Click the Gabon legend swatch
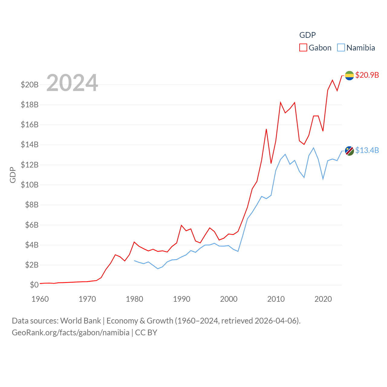[x=303, y=48]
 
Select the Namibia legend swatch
[x=341, y=48]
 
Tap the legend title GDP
[x=307, y=35]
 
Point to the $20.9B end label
[x=367, y=75]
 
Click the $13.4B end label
[x=367, y=150]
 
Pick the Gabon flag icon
[x=350, y=76]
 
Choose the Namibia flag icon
[x=350, y=151]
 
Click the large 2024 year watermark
[x=72, y=83]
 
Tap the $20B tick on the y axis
[x=30, y=85]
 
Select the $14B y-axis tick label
[x=30, y=145]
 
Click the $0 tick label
[x=34, y=285]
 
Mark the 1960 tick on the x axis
[x=40, y=299]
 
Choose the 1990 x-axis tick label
[x=182, y=299]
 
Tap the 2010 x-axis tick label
[x=276, y=299]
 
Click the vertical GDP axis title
[x=13, y=175]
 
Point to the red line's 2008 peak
[x=266, y=129]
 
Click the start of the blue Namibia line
[x=135, y=261]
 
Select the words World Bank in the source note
[x=80, y=321]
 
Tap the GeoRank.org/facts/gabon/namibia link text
[x=71, y=333]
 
